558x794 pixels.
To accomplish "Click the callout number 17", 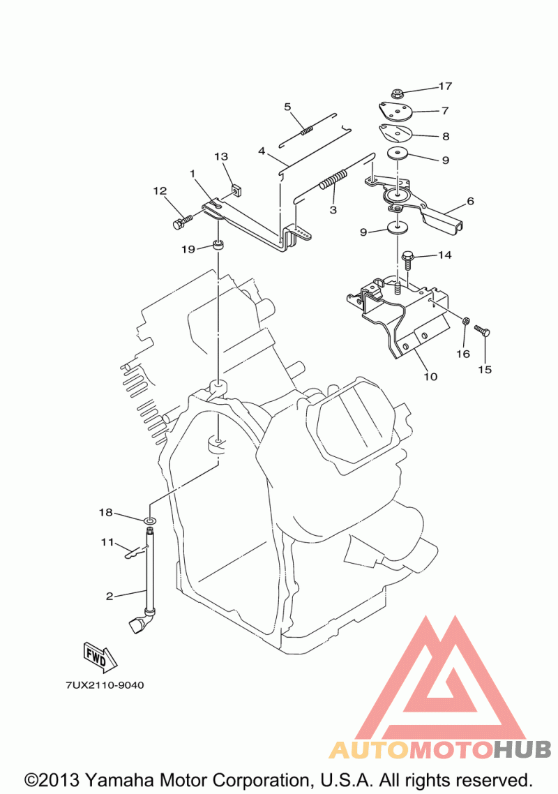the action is (x=445, y=86).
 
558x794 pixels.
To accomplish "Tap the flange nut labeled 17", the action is (x=397, y=93).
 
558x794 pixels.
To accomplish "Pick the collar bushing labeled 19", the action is (x=218, y=246).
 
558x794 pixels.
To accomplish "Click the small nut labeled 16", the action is (x=467, y=320).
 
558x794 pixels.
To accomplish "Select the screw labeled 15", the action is (x=482, y=330).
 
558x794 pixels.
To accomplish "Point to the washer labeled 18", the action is (x=151, y=520).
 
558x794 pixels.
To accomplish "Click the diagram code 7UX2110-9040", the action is (x=105, y=685).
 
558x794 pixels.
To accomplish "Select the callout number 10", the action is (x=430, y=376).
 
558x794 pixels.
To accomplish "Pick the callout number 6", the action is (x=470, y=201).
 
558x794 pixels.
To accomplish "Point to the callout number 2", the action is (x=110, y=596).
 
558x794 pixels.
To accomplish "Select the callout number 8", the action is (x=446, y=136).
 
